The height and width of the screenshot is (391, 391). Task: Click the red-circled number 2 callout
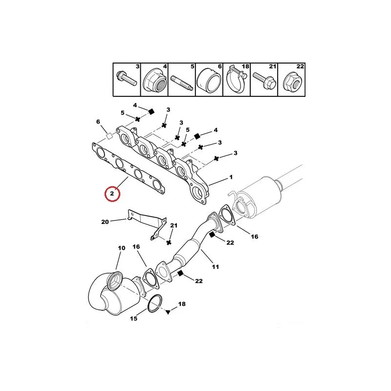[x=112, y=194]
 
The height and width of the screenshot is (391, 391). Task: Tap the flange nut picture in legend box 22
[x=292, y=81]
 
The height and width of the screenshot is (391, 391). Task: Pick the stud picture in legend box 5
[x=181, y=83]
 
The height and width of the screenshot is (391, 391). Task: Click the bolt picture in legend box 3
[x=127, y=78]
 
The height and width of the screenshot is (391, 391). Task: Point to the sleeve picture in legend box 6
[x=209, y=80]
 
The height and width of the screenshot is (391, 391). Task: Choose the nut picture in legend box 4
[x=154, y=80]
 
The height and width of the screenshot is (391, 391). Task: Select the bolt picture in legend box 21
[x=264, y=80]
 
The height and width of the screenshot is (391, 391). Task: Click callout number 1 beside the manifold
[x=231, y=177]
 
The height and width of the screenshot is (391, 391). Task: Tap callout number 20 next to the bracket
[x=105, y=222]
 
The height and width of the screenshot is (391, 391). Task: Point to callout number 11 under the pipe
[x=216, y=267]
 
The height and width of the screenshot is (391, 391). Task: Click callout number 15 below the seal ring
[x=133, y=319]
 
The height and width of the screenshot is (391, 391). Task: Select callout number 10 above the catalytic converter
[x=121, y=248]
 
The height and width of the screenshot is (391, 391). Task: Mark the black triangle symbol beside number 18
[x=168, y=312]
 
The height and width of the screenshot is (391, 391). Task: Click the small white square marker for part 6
[x=109, y=136]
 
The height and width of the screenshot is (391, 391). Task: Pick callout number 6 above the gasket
[x=98, y=122]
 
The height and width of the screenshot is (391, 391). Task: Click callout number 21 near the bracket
[x=174, y=225]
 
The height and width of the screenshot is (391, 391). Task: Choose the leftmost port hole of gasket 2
[x=101, y=152]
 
